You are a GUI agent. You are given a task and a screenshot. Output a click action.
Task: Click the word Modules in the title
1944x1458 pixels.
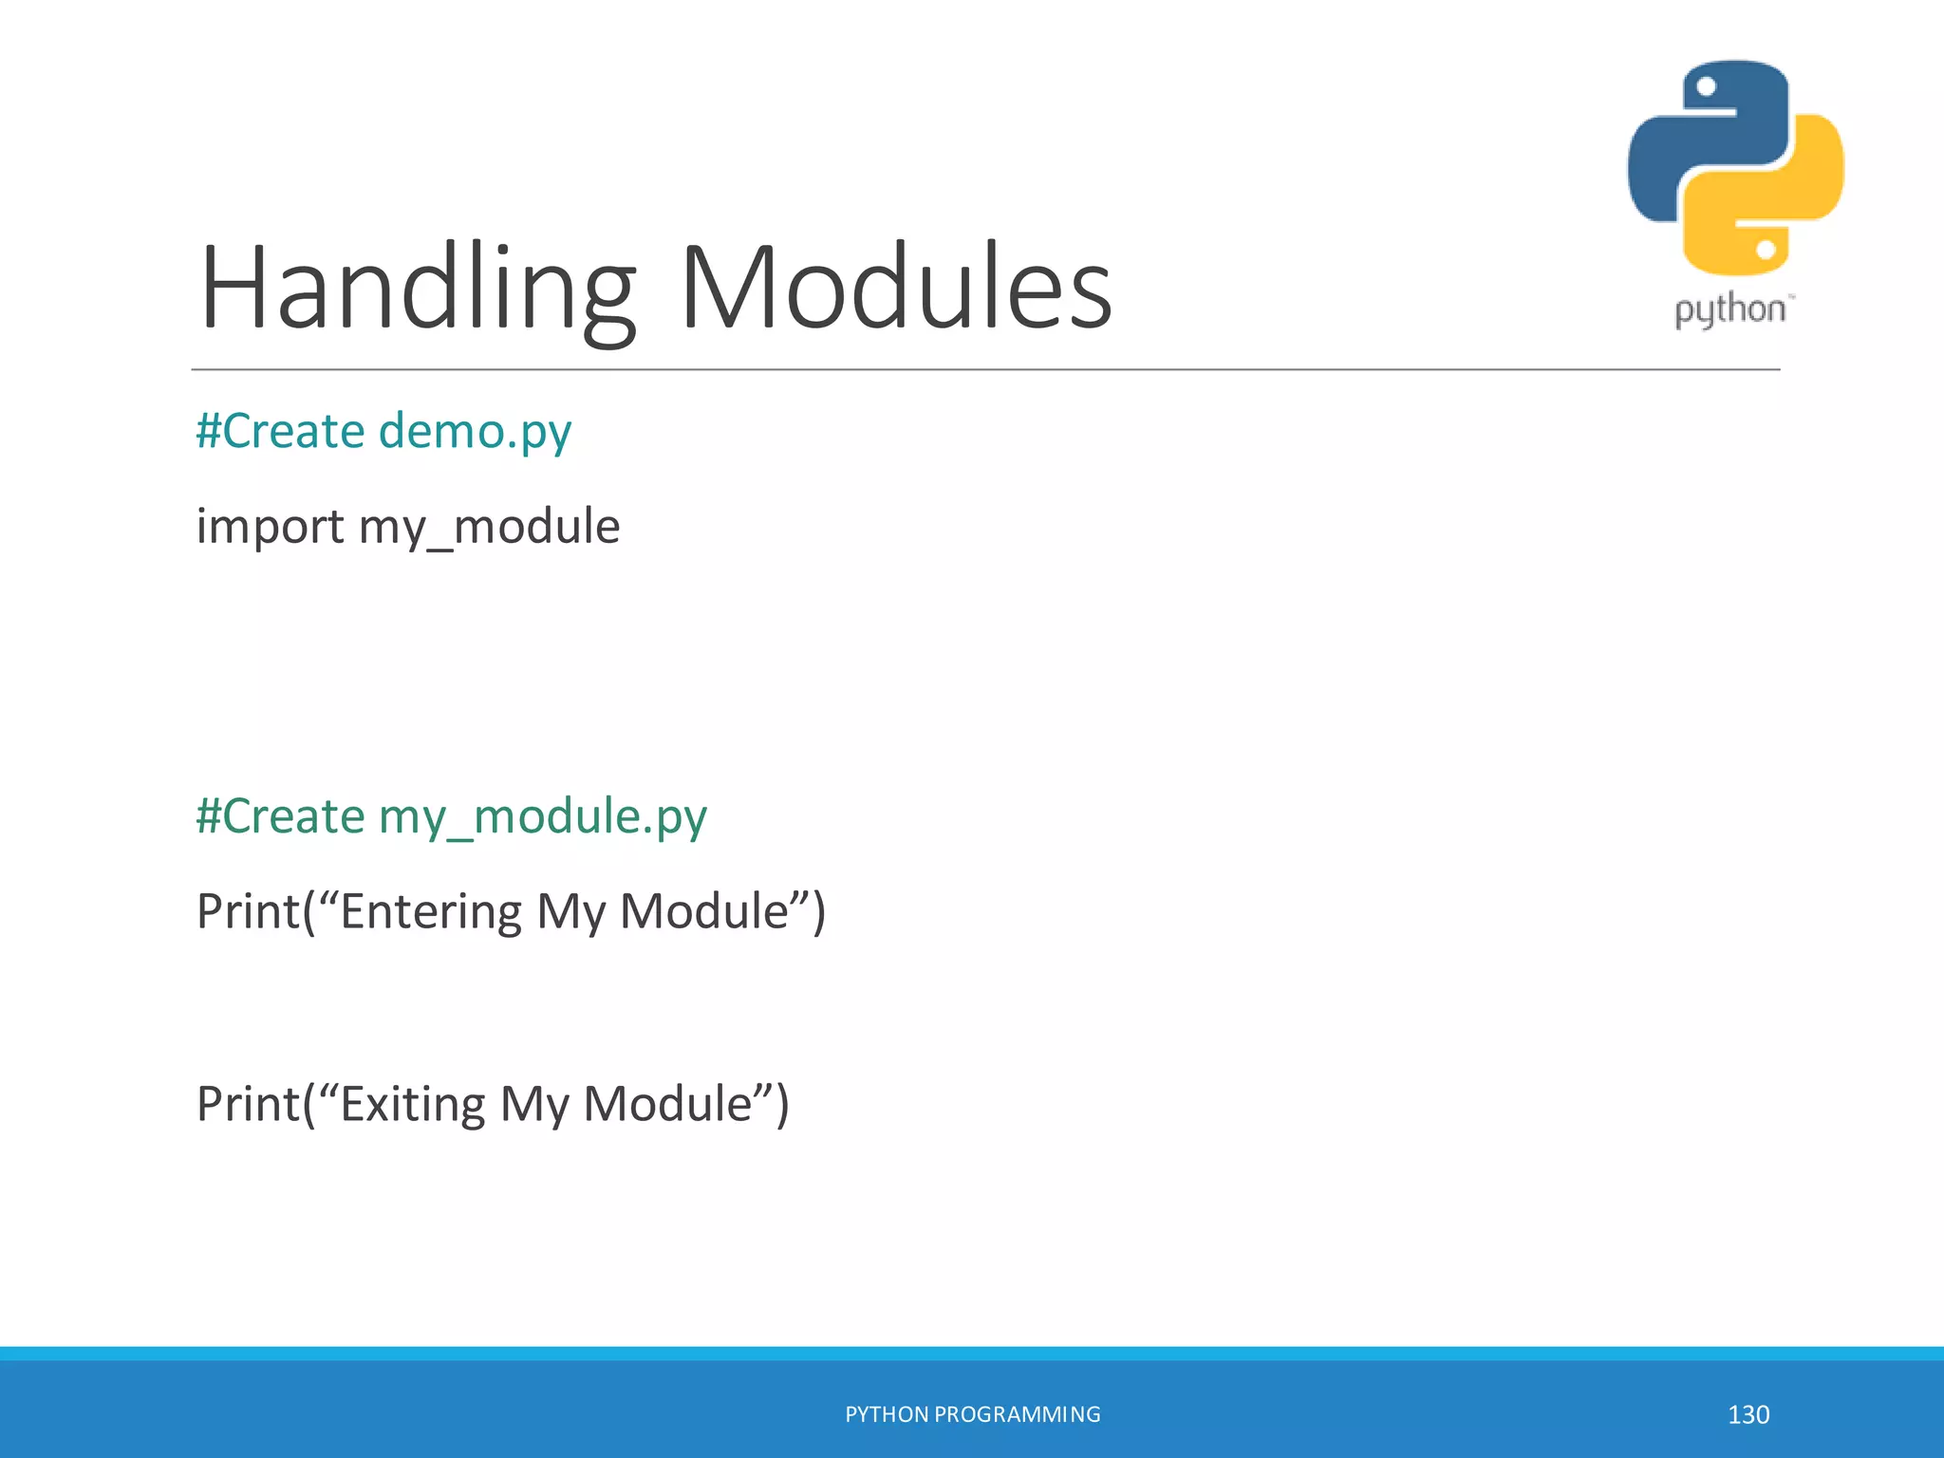tap(896, 288)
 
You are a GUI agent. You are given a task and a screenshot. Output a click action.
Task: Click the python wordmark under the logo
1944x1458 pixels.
tap(1729, 310)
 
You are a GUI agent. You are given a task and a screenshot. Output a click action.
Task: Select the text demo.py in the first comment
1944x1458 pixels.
tap(475, 432)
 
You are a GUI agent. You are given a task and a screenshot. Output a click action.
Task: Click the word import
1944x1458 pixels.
tap(270, 527)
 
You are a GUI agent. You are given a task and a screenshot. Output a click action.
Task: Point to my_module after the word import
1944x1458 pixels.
tap(489, 527)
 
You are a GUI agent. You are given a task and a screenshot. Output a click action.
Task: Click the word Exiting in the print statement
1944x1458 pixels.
tap(412, 1104)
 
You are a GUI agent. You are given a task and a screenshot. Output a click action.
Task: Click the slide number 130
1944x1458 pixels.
tap(1748, 1414)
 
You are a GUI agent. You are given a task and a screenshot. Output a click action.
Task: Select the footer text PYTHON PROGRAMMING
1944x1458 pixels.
tap(972, 1414)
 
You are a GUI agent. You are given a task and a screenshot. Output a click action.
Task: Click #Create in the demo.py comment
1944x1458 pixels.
tap(281, 432)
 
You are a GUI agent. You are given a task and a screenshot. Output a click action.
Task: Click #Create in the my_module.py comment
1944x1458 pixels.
tap(281, 817)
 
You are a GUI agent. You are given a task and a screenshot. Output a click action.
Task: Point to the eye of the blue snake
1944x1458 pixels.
tap(1706, 87)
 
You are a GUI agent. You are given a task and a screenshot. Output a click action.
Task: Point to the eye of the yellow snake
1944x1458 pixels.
tap(1766, 250)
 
